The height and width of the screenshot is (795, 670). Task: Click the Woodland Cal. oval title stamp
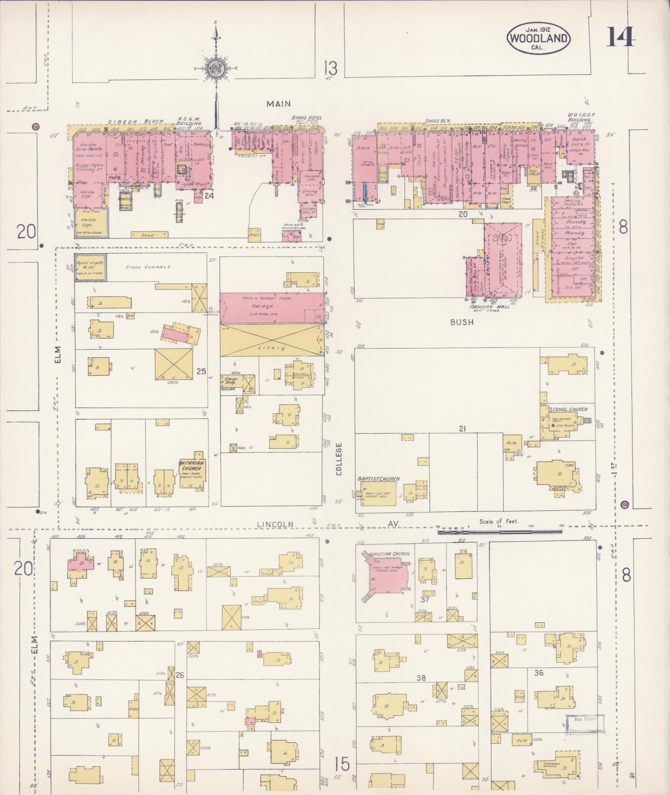coord(538,39)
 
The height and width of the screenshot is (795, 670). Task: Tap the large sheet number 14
coord(621,37)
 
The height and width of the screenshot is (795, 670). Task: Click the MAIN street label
coord(278,104)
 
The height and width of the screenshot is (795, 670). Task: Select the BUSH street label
coord(461,322)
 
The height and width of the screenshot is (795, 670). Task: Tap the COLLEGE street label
coord(339,459)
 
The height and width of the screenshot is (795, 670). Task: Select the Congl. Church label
coord(570,409)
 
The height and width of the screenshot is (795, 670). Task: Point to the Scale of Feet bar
coord(498,531)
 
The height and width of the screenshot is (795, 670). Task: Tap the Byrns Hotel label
coord(307,118)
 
